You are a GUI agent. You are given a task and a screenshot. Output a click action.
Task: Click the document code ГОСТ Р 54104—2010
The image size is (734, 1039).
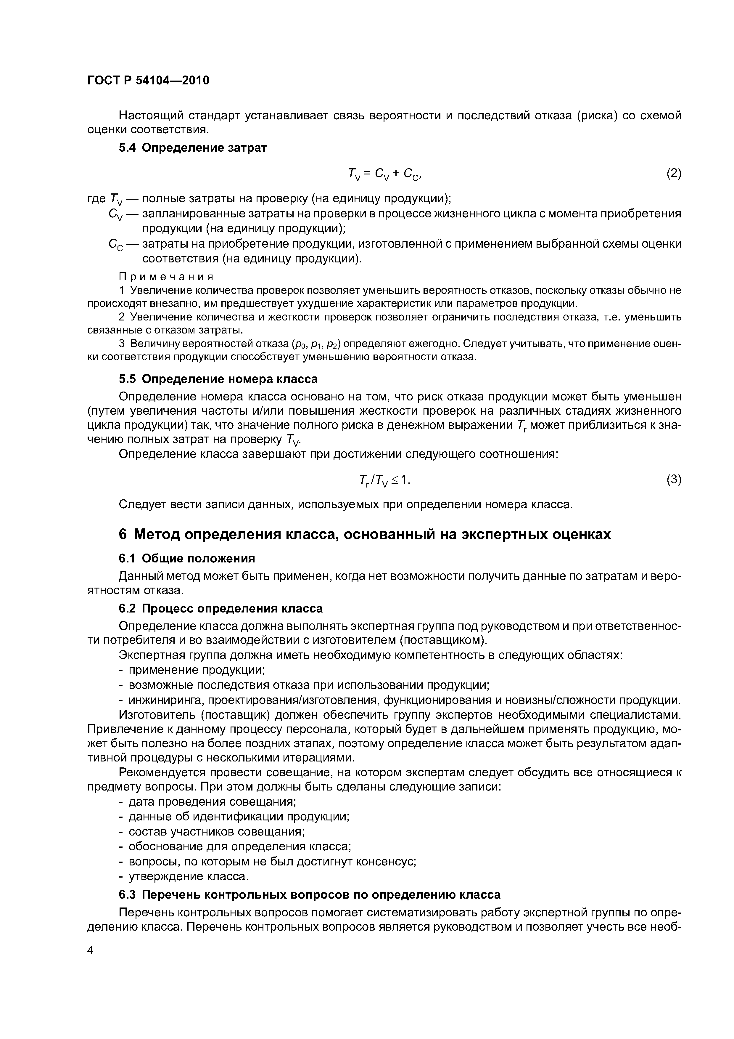tap(148, 81)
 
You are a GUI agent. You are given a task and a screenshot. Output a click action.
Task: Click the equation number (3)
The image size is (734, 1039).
tap(673, 480)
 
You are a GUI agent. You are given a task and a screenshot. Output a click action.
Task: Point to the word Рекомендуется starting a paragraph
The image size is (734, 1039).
tap(162, 772)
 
